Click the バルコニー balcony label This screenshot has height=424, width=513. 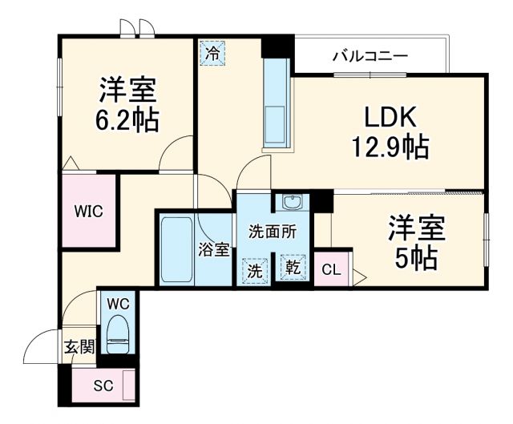[x=370, y=56]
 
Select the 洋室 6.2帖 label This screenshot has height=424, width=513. [x=128, y=104]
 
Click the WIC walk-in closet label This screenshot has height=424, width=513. [x=88, y=212]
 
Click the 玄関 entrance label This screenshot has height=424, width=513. [x=79, y=347]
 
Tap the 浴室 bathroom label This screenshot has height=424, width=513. [x=214, y=249]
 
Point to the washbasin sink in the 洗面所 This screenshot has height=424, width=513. [x=289, y=201]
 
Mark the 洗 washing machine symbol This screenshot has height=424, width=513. [x=255, y=271]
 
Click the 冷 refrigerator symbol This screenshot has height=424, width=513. [x=212, y=55]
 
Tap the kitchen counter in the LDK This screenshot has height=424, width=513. [x=277, y=104]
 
